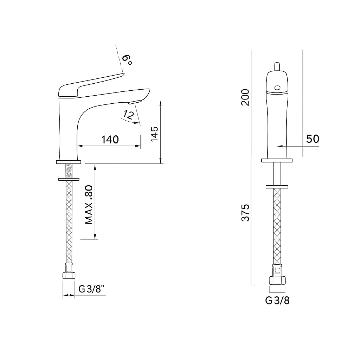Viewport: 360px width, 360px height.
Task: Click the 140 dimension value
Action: [x=110, y=140]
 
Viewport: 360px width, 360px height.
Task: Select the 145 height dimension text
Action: [x=154, y=134]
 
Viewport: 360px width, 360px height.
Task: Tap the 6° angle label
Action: [x=127, y=59]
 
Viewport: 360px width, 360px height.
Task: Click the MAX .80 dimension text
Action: [x=89, y=205]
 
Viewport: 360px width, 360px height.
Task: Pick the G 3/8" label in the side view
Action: [x=92, y=289]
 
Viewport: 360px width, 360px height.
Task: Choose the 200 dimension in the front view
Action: [x=245, y=97]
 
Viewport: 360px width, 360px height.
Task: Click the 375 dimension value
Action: [x=245, y=213]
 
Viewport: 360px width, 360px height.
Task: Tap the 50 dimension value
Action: [x=313, y=139]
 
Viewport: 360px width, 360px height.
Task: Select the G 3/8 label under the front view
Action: [x=277, y=300]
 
